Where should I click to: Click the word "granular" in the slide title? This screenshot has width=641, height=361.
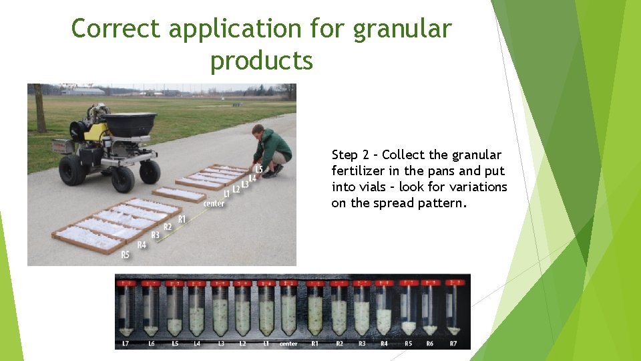(402, 29)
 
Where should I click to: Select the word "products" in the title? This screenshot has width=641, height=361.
(261, 60)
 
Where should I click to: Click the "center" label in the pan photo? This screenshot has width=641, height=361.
(214, 203)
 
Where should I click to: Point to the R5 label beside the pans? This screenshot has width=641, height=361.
(125, 255)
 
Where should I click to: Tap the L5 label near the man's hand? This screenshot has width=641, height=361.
(259, 168)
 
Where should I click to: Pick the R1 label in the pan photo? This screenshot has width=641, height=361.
(181, 219)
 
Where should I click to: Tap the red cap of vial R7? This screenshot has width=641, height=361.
(453, 283)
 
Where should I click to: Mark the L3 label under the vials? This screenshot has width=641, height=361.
(220, 344)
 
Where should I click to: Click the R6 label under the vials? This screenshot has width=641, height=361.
(431, 344)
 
